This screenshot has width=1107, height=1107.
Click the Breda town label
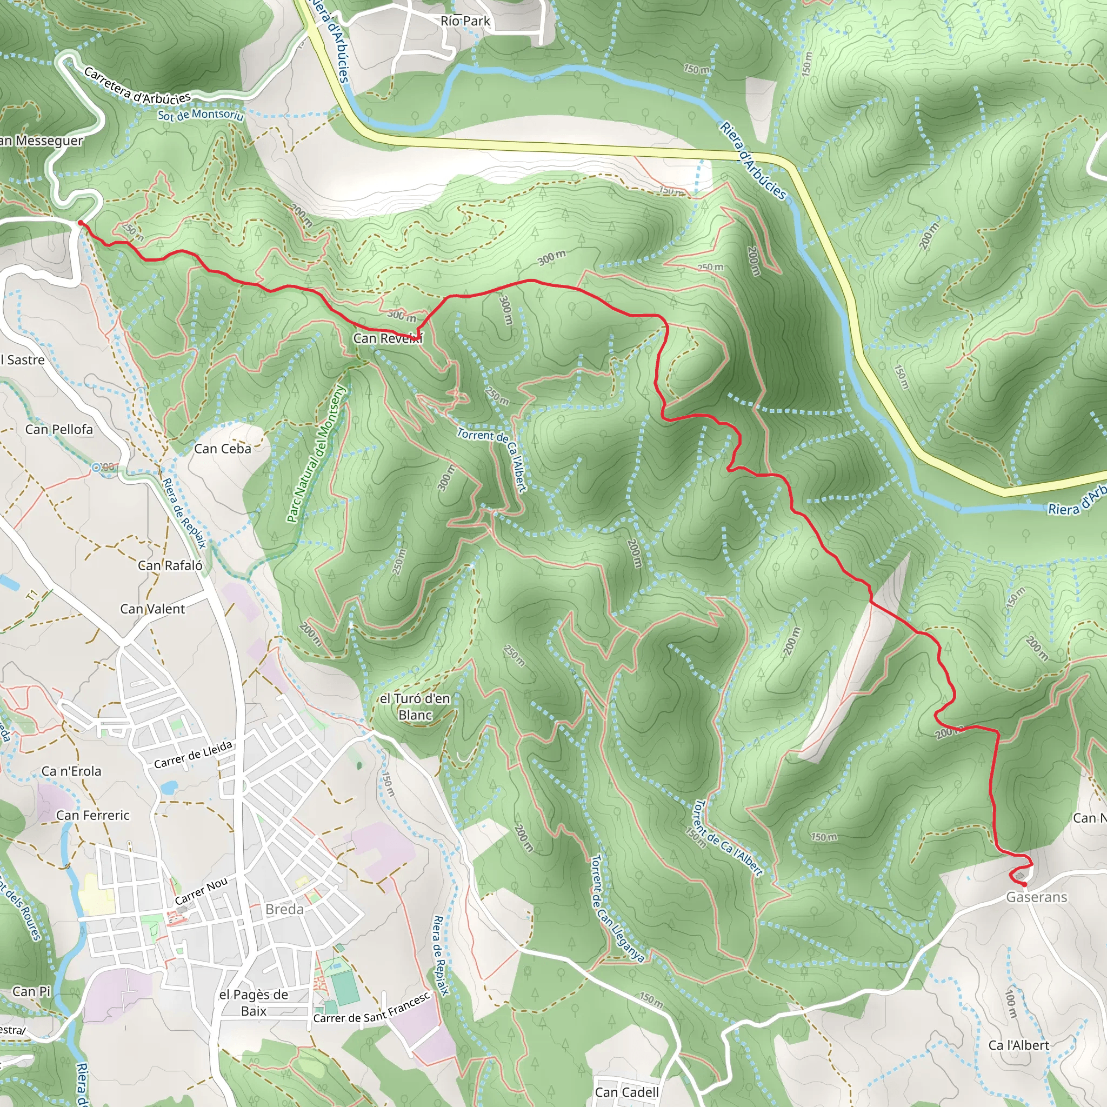tap(284, 909)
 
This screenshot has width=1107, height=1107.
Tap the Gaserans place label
tap(1037, 897)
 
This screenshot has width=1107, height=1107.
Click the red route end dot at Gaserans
tap(1024, 884)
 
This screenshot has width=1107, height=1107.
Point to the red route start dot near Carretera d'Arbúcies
tap(81, 223)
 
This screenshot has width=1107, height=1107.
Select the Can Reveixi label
tap(388, 338)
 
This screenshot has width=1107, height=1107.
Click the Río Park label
tap(465, 21)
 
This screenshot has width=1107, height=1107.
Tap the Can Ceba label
tap(222, 449)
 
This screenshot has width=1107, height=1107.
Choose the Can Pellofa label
tap(59, 429)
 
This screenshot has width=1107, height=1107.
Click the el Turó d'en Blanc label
tap(416, 706)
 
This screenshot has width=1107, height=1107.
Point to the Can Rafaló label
tap(170, 565)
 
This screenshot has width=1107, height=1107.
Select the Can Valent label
tap(152, 609)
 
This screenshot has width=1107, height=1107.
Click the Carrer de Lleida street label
tap(193, 755)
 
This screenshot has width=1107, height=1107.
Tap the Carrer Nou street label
tap(201, 891)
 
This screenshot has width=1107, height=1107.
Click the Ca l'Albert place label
tap(1019, 1045)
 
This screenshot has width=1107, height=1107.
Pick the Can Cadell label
tap(626, 1092)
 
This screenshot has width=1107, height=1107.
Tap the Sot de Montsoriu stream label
tap(201, 115)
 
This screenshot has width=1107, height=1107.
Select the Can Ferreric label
tap(93, 815)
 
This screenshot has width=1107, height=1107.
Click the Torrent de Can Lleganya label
tap(617, 908)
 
